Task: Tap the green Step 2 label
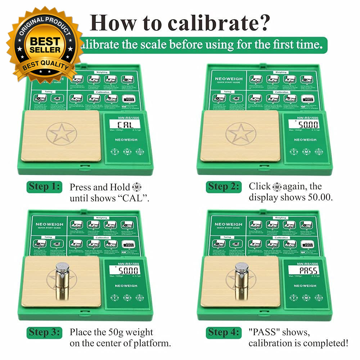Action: (223, 187)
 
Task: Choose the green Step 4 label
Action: (224, 332)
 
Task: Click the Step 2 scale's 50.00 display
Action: (303, 125)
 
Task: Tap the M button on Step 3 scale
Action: (127, 298)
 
